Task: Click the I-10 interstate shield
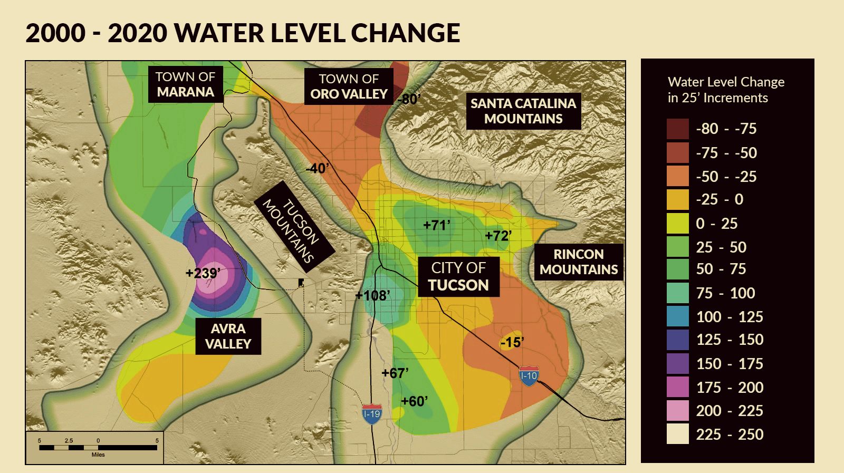click(x=529, y=376)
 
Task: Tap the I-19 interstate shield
click(x=372, y=413)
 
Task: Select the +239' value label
click(x=203, y=273)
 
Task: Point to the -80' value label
click(x=409, y=99)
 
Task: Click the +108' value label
click(x=373, y=295)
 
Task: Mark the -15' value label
click(x=512, y=343)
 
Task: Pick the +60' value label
click(x=414, y=401)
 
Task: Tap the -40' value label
click(x=317, y=169)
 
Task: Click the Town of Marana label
click(x=185, y=84)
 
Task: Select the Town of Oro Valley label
click(x=349, y=86)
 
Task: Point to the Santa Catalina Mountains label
click(x=523, y=111)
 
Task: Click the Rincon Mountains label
click(x=579, y=262)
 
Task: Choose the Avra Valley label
click(x=228, y=336)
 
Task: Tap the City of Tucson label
click(x=458, y=276)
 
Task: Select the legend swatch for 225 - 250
click(x=677, y=434)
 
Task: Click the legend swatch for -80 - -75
click(x=677, y=129)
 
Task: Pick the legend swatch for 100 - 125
click(x=677, y=316)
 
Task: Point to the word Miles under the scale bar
click(x=98, y=455)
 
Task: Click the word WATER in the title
click(x=219, y=33)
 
